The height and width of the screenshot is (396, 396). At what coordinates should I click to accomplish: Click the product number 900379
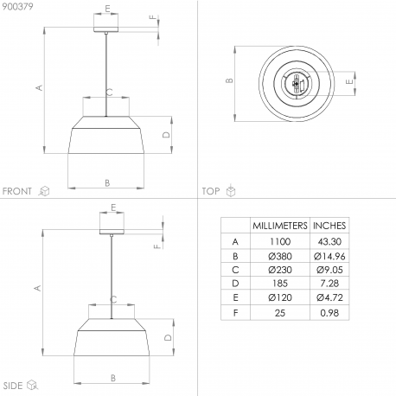pos(17,6)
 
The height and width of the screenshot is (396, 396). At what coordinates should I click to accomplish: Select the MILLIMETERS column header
pos(280,226)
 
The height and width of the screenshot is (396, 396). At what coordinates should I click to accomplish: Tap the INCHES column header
pos(329,226)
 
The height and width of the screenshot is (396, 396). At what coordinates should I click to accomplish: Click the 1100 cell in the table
pos(280,241)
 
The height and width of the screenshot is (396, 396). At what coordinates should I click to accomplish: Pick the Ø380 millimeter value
pos(280,256)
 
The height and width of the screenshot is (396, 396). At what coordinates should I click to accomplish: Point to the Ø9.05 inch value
pos(329,270)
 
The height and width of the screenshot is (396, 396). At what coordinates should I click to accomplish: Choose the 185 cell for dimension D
pos(280,284)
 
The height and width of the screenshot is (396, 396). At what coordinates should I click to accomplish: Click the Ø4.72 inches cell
pos(329,297)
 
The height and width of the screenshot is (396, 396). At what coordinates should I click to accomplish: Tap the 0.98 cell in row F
pos(329,313)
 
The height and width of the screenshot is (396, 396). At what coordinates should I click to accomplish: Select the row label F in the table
pos(235,313)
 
